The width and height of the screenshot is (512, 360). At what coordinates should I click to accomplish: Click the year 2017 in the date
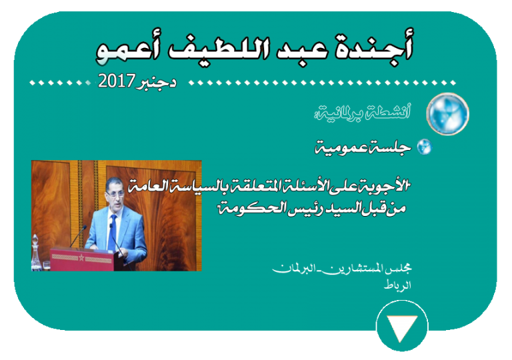click(x=117, y=81)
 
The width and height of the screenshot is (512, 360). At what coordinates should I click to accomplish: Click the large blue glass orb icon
click(x=447, y=114)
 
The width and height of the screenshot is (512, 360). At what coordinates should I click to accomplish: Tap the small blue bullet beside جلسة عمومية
click(x=424, y=147)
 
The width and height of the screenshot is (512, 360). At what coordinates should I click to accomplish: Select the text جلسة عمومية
click(x=363, y=148)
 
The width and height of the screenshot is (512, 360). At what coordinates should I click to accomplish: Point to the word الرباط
click(x=397, y=285)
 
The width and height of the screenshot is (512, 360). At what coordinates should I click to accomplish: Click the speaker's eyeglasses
click(x=114, y=194)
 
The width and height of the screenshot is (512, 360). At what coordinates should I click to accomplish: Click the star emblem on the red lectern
click(x=81, y=258)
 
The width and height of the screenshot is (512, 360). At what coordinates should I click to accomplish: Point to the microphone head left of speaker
click(x=85, y=227)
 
